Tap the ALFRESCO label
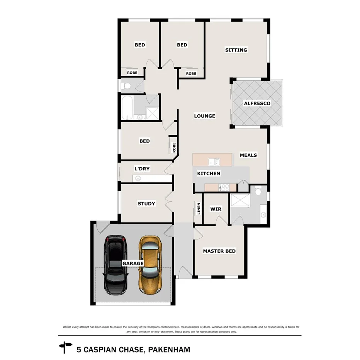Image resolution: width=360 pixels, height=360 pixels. point(257,103)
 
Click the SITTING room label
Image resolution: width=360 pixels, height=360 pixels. point(236,50)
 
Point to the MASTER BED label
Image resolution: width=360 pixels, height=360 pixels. point(219,251)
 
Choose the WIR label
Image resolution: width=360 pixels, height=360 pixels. point(216,209)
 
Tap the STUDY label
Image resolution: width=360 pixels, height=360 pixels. point(146,204)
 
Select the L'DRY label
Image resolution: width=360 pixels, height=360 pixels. point(142,169)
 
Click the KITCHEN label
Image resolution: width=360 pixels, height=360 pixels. point(209,173)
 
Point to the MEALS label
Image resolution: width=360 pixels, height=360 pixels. point(248,155)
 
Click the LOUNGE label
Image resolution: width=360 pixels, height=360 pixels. point(204,116)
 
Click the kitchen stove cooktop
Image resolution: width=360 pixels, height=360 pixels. point(224,187)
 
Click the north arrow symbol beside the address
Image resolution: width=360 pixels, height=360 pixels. point(65,347)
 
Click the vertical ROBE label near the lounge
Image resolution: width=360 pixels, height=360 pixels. point(174,147)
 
